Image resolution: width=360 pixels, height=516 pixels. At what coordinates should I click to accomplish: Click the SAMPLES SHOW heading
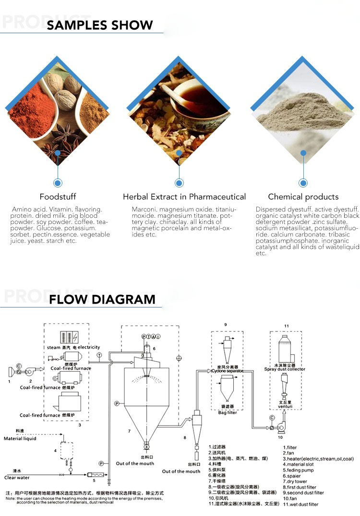click(x=100, y=25)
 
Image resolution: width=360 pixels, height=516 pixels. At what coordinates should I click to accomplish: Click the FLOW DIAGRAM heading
click(x=102, y=300)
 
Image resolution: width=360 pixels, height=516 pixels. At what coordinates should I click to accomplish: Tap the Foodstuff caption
click(x=58, y=197)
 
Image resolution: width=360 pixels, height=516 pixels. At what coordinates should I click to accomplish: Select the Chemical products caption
click(x=303, y=197)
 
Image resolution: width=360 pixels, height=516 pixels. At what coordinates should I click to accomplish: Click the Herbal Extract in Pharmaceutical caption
click(x=184, y=197)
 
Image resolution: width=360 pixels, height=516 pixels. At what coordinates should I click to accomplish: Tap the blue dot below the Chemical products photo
click(x=303, y=183)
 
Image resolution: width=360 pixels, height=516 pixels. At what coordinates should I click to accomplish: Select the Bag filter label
click(x=228, y=412)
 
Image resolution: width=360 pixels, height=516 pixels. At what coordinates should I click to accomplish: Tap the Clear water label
click(x=17, y=477)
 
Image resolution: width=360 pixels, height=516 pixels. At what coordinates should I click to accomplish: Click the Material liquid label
click(x=20, y=438)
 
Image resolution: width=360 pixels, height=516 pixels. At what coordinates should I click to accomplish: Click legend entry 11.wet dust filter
click(x=300, y=504)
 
